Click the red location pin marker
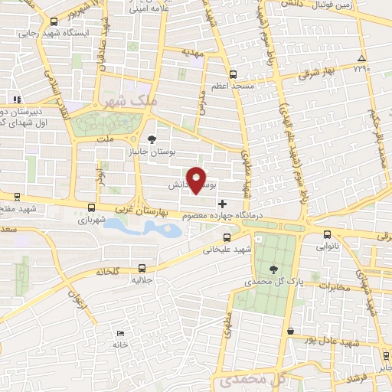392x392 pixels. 197,179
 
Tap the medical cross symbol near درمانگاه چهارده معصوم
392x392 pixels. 223,204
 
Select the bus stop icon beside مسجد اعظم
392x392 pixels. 233,75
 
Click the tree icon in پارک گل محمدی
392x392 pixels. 274,268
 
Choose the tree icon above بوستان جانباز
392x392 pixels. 151,139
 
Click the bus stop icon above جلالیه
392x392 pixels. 142,268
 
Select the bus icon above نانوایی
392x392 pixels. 328,234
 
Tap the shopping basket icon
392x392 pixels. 290,331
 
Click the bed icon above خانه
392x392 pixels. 119,333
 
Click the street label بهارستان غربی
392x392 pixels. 134,207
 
